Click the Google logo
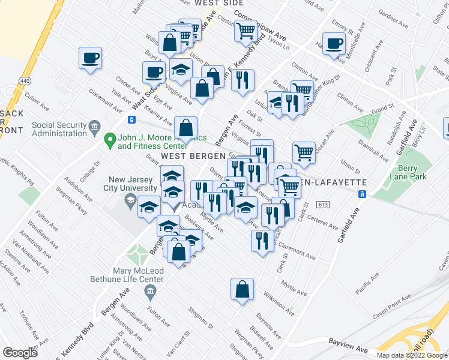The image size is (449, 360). tap(20, 353)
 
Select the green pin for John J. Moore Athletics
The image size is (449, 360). tap(109, 140)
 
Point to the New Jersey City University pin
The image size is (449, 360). tap(131, 203)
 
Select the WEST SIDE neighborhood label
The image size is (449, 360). tap(214, 3)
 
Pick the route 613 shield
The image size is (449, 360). tap(325, 205)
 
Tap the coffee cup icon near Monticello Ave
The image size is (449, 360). tap(335, 44)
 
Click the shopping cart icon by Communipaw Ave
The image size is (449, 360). tap(245, 30)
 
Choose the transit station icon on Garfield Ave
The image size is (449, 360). tap(362, 194)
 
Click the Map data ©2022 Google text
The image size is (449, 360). tap(412, 355)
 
